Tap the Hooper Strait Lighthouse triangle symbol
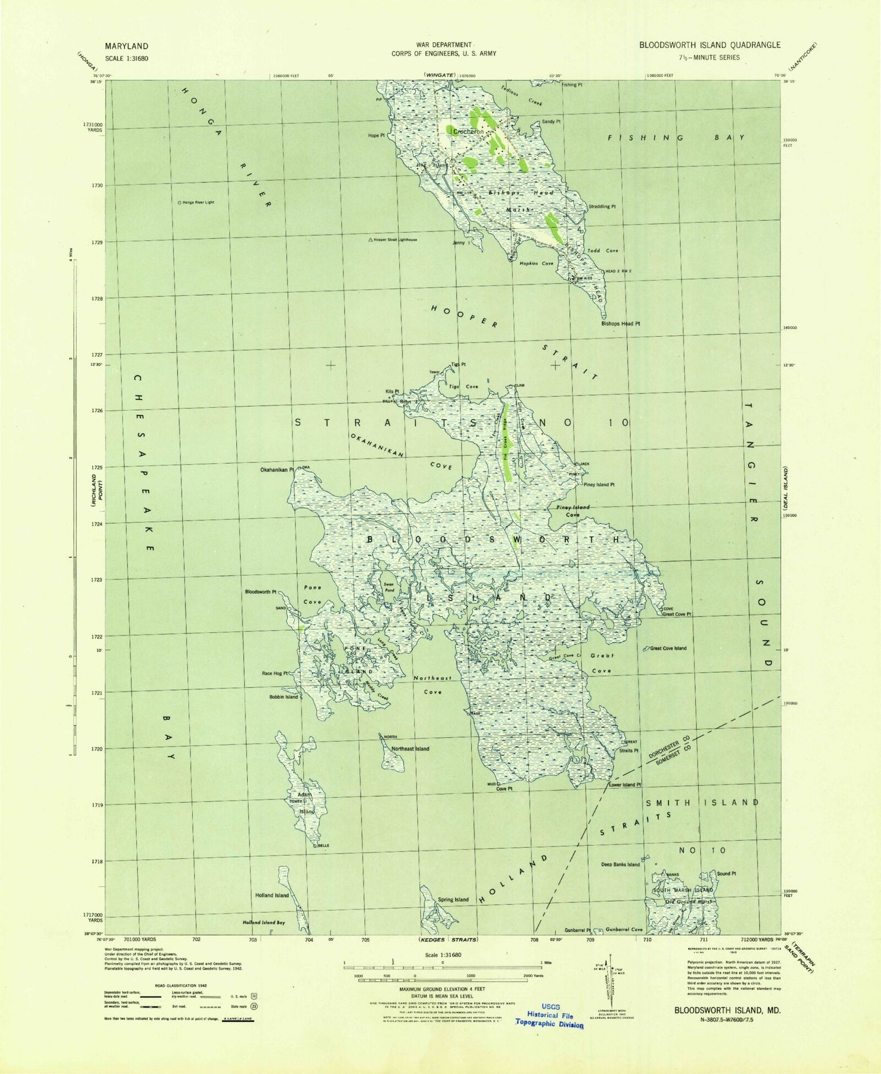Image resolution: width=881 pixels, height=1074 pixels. point(370,240)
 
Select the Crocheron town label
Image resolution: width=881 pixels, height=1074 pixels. point(468,132)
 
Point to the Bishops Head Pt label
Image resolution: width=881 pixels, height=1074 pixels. point(620,323)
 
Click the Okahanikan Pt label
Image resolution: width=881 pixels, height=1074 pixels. point(277,470)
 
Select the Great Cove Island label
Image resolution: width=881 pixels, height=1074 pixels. point(668,649)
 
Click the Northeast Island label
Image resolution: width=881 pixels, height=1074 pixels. point(410,749)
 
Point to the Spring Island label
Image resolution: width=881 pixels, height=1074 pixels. point(453,900)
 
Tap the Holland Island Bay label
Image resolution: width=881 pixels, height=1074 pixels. point(264,923)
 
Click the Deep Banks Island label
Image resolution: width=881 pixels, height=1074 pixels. point(620,864)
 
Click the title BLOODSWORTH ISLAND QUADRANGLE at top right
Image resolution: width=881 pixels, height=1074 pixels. point(709,45)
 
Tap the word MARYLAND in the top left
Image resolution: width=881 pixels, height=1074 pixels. point(126,46)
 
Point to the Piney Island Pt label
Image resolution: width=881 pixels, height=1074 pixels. point(599,485)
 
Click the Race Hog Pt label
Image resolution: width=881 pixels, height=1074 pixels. point(274,674)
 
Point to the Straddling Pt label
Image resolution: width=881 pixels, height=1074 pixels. point(602,207)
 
